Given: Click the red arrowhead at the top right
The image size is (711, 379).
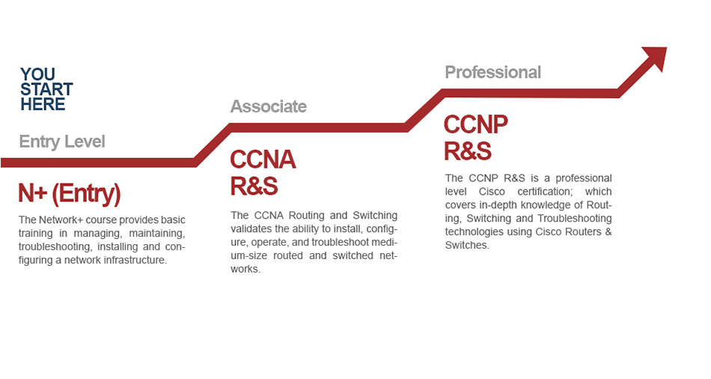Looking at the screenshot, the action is coord(657,56).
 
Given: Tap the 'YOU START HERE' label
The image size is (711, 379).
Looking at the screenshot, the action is coord(46,89).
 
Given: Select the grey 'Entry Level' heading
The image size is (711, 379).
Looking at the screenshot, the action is coord(62,142).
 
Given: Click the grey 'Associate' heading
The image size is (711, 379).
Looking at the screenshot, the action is coord(269,106).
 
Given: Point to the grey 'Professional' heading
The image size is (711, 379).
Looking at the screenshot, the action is coord(493,72).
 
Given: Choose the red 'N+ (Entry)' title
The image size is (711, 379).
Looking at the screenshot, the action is coord(70,193).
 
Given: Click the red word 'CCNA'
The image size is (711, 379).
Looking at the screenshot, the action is coord(263,160).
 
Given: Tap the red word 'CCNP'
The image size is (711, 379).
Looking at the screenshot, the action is coord(476,124).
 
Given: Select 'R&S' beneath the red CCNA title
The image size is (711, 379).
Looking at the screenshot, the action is coord(254,186).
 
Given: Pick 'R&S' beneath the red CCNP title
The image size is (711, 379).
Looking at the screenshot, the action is coord(468,151).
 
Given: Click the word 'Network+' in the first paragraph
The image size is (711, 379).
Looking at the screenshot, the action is coord(61,219).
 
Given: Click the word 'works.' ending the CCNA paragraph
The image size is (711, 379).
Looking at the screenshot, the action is coord(245,269).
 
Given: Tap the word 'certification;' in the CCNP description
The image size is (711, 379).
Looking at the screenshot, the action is coord(544,192).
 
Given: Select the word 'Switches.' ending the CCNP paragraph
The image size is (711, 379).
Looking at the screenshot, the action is coord(467,245).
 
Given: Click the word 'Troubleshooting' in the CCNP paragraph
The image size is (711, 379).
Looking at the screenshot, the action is coord(575,218).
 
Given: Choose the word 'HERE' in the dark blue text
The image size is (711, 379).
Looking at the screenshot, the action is coord(43,104).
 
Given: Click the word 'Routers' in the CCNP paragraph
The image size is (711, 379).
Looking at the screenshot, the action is coord(583,232).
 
